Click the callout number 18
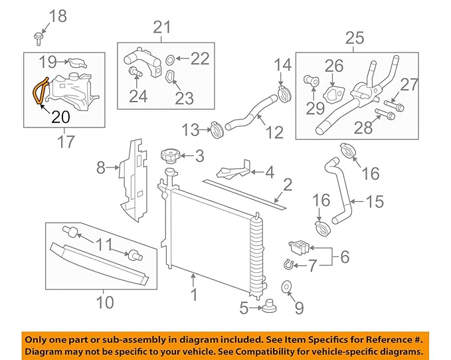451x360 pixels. click(x=58, y=16)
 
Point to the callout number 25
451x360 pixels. click(x=355, y=38)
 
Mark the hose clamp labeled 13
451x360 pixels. click(x=214, y=128)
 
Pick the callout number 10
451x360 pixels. click(x=104, y=304)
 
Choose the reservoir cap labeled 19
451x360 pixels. click(x=78, y=63)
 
